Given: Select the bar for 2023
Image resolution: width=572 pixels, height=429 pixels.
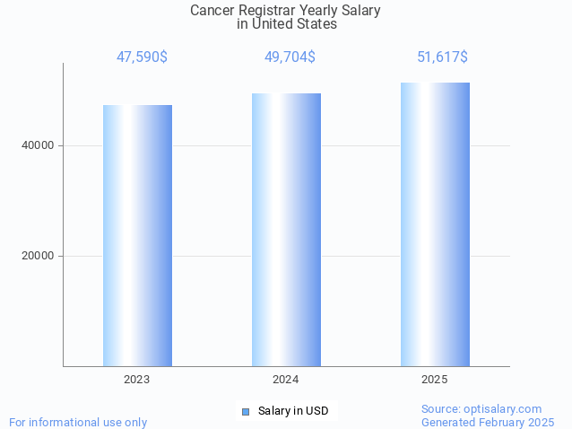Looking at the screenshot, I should [x=137, y=235].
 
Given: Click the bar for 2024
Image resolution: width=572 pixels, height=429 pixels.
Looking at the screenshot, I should [x=286, y=230].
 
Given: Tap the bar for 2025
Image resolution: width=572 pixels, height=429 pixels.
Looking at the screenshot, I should [x=435, y=224].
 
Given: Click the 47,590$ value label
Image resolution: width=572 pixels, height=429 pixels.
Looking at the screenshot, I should [x=142, y=57].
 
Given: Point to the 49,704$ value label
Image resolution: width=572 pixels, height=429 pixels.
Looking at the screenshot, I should [x=290, y=57].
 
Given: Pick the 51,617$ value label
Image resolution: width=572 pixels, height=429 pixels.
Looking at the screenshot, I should [x=442, y=57].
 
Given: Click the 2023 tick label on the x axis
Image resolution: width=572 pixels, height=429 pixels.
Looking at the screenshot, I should [x=137, y=380].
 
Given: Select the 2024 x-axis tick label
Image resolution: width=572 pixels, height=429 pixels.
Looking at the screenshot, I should [x=286, y=380].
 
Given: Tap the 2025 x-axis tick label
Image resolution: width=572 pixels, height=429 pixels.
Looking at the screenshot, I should [x=435, y=380].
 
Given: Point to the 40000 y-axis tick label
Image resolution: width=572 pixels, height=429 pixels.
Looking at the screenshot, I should [x=37, y=145].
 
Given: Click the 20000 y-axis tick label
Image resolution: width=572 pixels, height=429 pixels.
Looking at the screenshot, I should [x=37, y=256].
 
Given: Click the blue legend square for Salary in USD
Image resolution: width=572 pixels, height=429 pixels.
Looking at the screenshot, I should [x=246, y=411].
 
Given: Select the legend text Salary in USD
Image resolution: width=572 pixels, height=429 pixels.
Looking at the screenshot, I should [x=293, y=411].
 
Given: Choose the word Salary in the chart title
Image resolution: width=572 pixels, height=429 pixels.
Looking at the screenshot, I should [x=360, y=11].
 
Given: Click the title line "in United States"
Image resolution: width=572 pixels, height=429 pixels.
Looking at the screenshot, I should [x=286, y=24].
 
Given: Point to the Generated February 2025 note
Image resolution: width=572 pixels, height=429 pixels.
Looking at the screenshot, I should [x=488, y=422].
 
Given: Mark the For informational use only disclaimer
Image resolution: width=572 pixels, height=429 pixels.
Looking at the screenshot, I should [x=78, y=422].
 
